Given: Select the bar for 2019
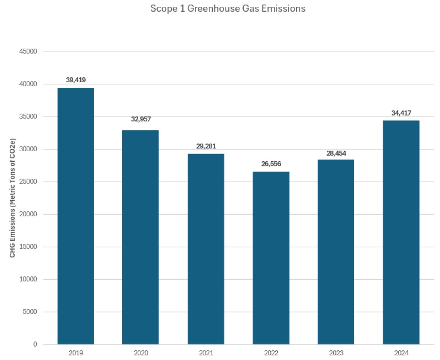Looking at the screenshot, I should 76,216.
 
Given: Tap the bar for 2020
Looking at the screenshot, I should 140,237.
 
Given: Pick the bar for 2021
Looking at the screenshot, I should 206,249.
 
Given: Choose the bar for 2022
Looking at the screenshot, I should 271,258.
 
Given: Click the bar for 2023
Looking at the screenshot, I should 336,252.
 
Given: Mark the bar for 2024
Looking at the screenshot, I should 401,232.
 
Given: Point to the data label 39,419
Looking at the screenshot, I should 76,79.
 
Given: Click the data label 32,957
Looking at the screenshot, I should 141,119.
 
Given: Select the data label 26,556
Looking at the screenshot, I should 271,163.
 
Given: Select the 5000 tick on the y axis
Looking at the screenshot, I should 30,312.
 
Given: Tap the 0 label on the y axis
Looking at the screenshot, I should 35,344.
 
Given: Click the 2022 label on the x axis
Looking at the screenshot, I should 271,353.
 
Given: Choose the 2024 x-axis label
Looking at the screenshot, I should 401,353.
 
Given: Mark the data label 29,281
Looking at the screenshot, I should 206,146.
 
